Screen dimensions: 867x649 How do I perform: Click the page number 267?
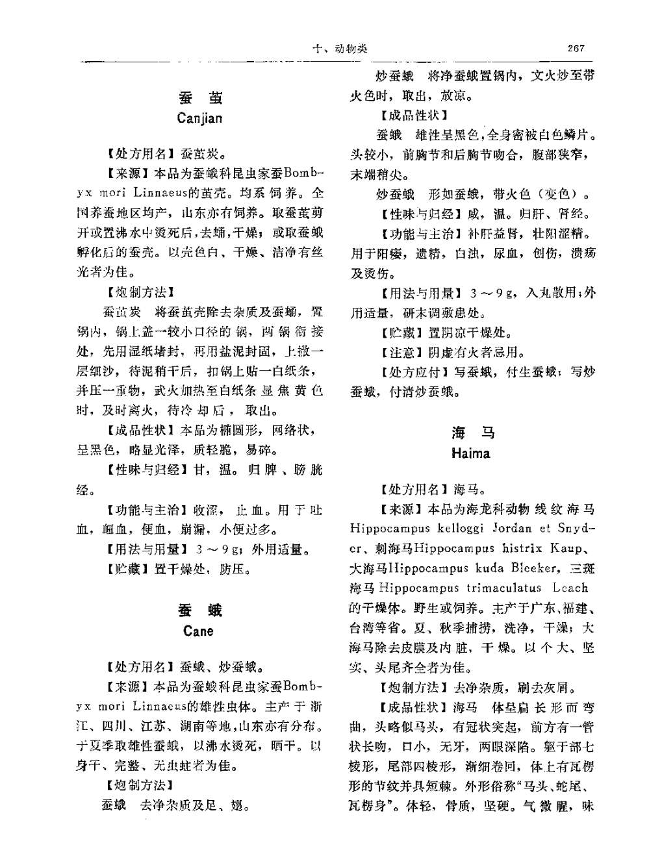click(576, 48)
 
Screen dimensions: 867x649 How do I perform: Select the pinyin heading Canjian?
click(199, 118)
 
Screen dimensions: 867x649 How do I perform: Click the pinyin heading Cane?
click(198, 631)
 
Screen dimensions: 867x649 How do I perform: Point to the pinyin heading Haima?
click(470, 453)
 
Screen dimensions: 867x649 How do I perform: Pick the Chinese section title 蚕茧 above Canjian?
click(199, 97)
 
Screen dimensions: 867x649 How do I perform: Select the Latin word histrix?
click(517, 548)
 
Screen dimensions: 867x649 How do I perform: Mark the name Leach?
click(570, 588)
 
